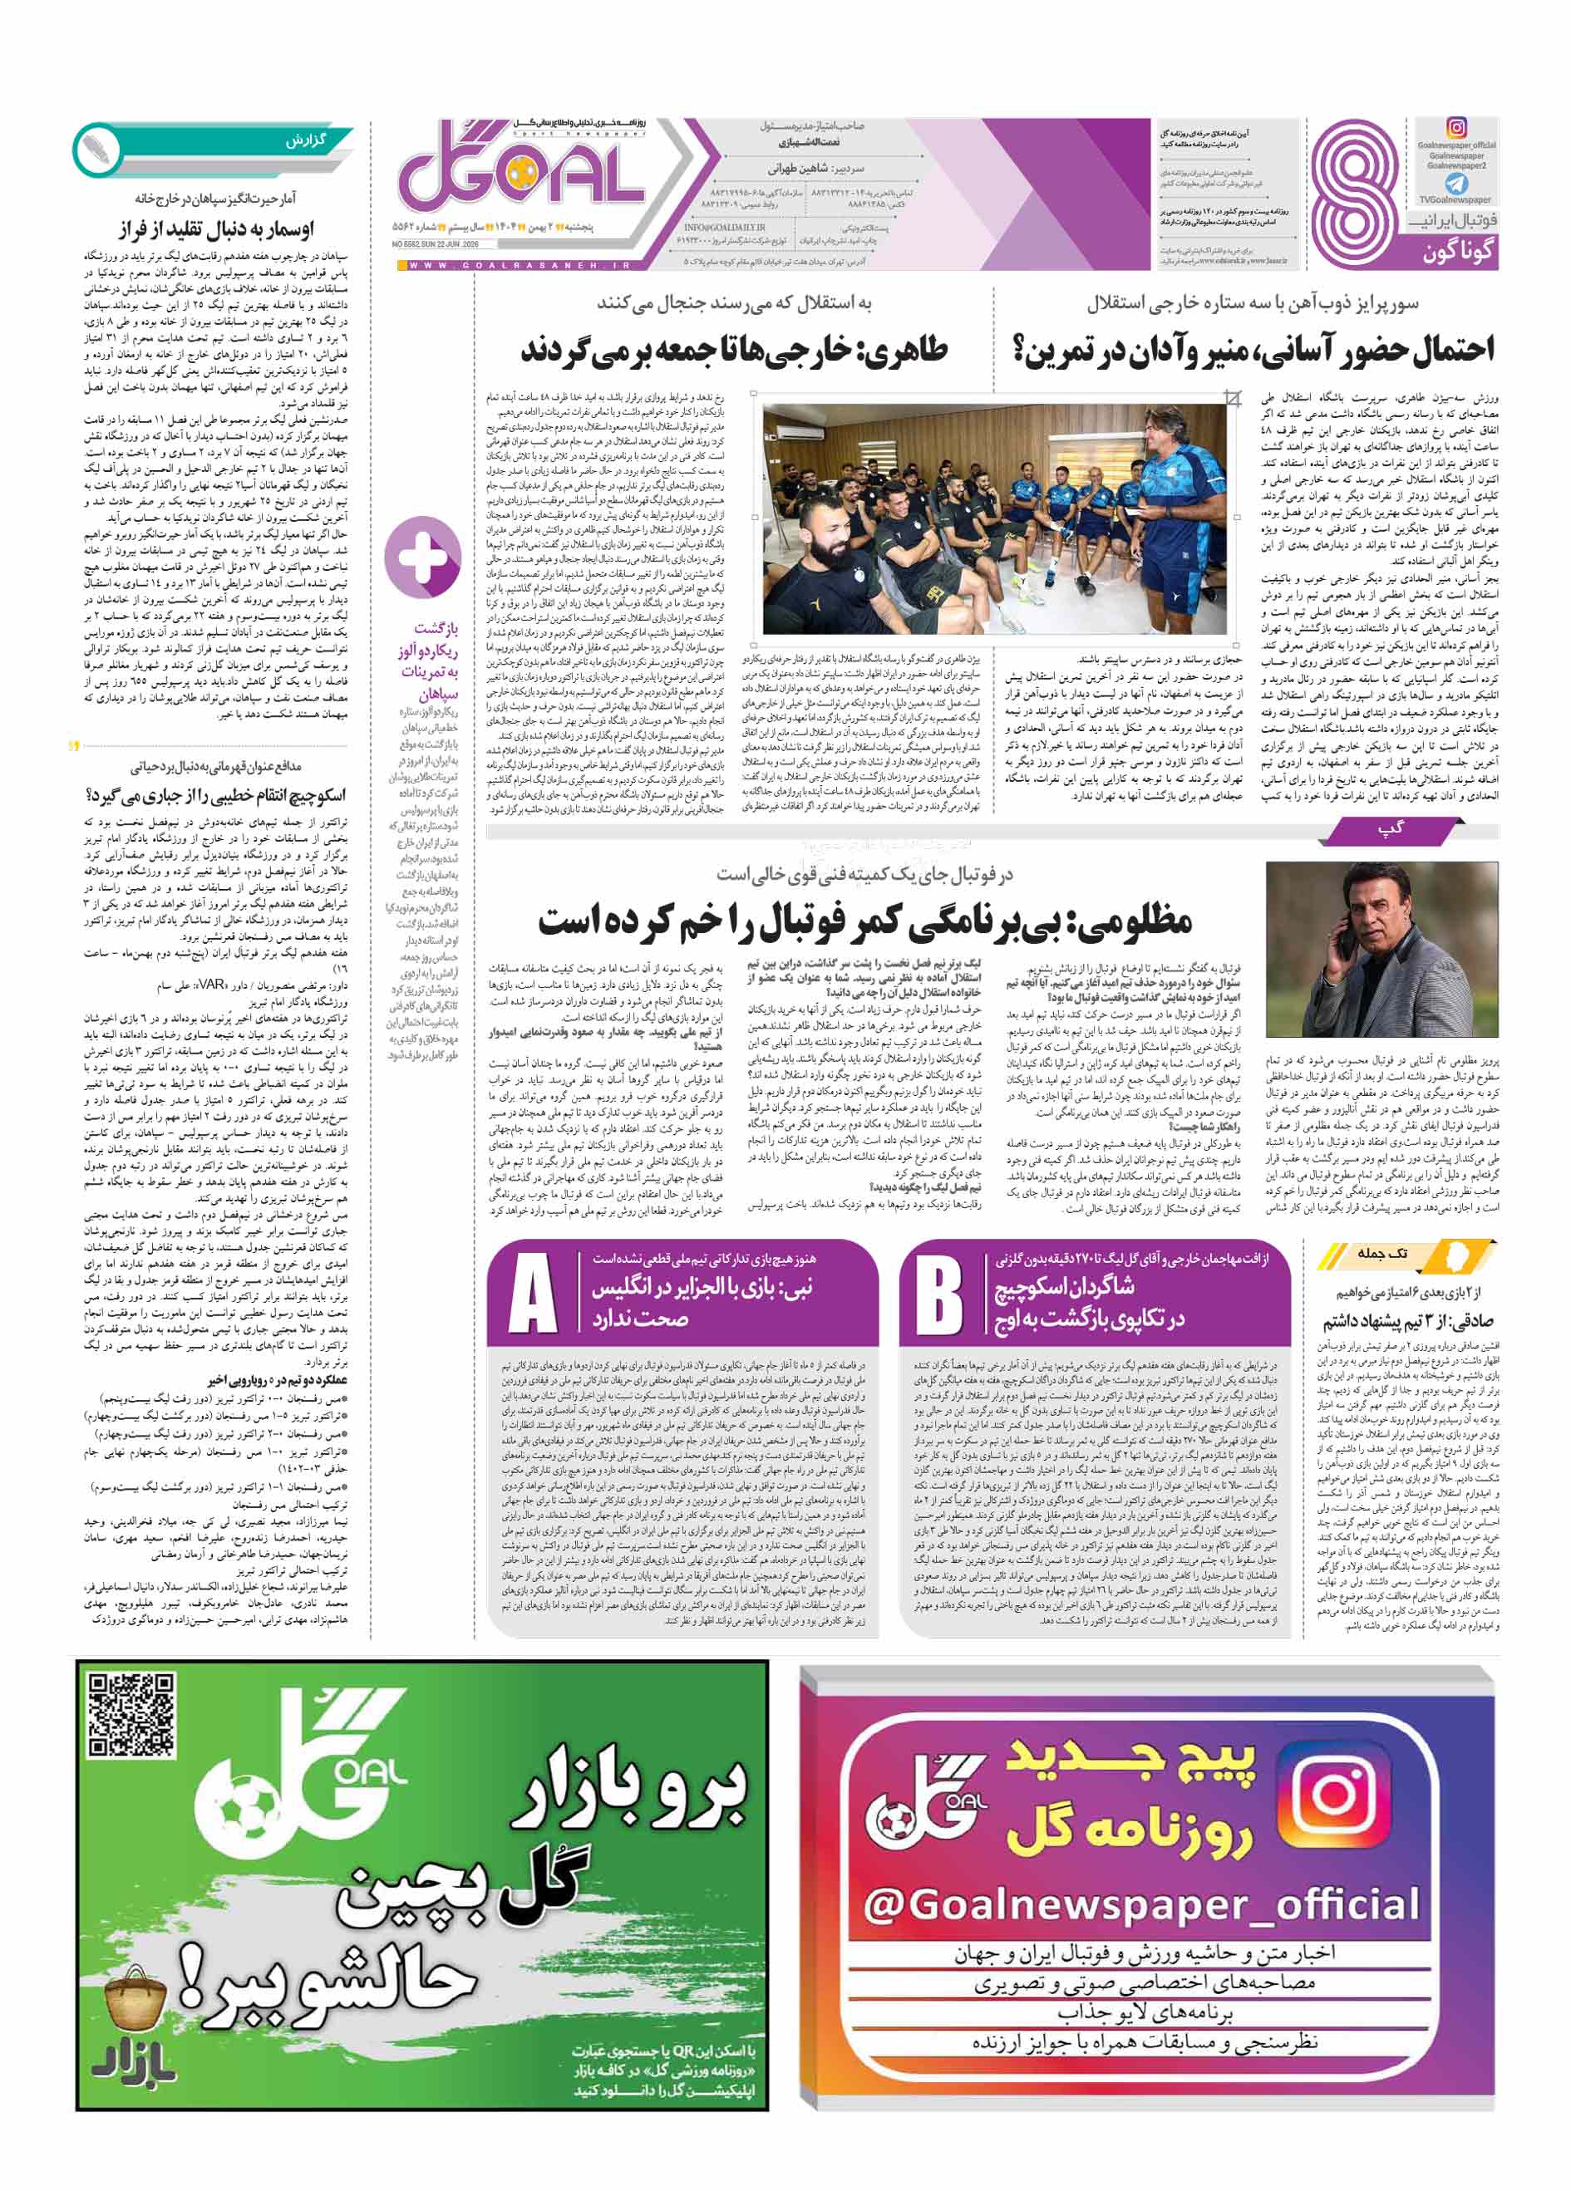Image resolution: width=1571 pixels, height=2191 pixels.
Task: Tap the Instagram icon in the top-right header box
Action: point(1456,127)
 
